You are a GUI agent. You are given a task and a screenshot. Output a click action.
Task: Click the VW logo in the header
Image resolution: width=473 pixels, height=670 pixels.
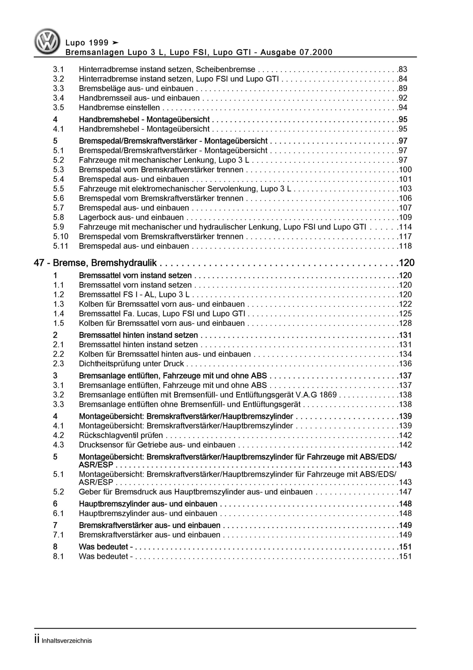(47, 41)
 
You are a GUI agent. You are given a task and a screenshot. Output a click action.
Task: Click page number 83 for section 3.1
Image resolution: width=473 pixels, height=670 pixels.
(403, 69)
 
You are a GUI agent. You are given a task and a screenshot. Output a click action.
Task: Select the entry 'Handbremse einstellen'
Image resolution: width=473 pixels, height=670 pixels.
(119, 108)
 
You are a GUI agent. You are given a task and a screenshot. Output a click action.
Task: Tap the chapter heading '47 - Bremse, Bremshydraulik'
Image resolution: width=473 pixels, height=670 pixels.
(95, 263)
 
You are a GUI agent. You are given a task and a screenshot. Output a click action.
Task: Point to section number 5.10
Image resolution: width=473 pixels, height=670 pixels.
(60, 236)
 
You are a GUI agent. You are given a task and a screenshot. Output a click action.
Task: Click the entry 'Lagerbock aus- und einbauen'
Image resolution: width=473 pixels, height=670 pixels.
(131, 217)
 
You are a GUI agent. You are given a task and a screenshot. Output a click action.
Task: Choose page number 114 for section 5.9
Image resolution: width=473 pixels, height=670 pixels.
(405, 227)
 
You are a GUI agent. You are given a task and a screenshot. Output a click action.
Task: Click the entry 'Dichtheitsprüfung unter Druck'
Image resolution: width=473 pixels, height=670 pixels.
(131, 364)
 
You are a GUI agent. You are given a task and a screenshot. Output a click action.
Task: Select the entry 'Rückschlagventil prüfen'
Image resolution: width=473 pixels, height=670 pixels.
(121, 435)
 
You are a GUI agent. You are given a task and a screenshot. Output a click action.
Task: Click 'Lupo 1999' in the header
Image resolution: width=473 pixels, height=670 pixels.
(87, 43)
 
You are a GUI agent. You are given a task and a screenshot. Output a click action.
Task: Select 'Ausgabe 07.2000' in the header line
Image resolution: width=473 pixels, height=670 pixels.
(296, 53)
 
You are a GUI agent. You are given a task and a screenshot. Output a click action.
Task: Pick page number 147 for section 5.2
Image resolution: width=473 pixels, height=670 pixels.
(405, 492)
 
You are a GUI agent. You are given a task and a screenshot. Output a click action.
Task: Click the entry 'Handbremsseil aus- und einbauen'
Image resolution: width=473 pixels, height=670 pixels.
(139, 98)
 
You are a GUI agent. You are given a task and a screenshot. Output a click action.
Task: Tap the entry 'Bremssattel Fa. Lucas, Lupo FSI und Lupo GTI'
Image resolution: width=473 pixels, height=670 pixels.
(162, 314)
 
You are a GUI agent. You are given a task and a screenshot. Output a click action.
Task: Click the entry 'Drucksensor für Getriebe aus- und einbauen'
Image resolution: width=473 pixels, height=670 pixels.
(157, 445)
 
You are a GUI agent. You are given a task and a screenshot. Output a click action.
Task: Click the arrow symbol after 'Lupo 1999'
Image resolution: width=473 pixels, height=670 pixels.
(116, 43)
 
